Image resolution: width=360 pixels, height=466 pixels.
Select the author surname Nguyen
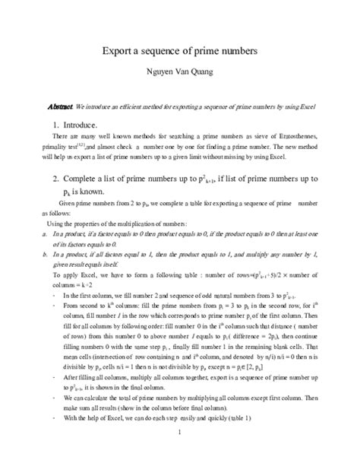[150, 75]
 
